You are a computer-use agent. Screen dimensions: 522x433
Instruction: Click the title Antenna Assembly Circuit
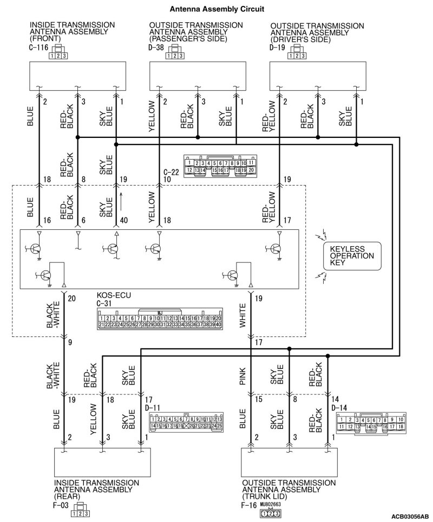216,9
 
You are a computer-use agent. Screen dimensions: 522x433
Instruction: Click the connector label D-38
157,48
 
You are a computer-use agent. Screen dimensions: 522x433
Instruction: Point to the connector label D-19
277,48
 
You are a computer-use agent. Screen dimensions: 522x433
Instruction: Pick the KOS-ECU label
114,295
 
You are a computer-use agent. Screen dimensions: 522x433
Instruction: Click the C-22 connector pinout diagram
220,164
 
